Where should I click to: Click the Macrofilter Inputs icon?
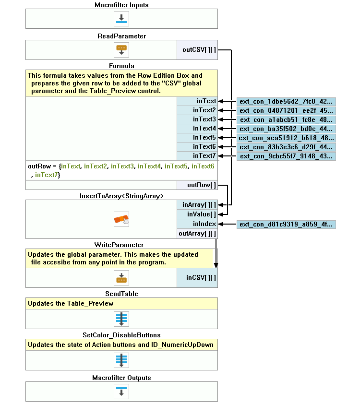click(x=121, y=19)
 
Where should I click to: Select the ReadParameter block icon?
click(x=121, y=49)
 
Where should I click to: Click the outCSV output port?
click(x=197, y=49)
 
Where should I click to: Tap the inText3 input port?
click(x=197, y=119)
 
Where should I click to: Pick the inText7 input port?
click(x=197, y=156)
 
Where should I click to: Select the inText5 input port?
click(x=197, y=138)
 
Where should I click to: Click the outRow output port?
click(x=197, y=185)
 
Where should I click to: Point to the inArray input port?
click(x=197, y=205)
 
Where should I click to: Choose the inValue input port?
click(x=197, y=214)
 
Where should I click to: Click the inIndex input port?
click(x=197, y=224)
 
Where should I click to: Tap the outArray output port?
click(x=197, y=234)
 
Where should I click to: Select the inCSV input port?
click(x=197, y=278)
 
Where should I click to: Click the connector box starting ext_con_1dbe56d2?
click(x=286, y=101)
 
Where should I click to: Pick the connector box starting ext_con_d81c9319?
click(x=286, y=224)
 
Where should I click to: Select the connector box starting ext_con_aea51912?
click(x=286, y=138)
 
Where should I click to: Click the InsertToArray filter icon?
click(x=121, y=220)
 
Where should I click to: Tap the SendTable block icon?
click(x=121, y=319)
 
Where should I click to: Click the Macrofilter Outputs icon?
click(x=121, y=391)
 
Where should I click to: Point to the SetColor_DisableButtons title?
click(x=121, y=335)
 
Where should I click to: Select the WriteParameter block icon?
click(x=121, y=278)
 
